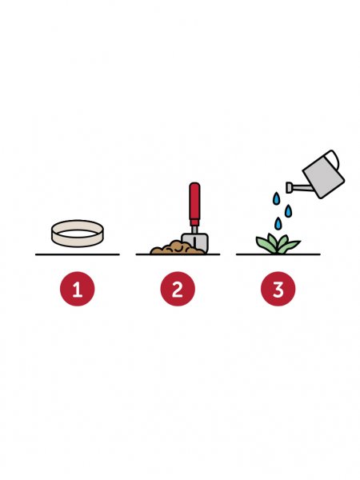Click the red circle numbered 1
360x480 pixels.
coord(78,289)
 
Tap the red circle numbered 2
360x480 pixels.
coord(178,289)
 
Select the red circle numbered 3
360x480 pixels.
coord(278,289)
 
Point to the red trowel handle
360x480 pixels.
coord(194,203)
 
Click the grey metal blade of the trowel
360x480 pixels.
coord(195,242)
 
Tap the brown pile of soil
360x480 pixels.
coord(176,247)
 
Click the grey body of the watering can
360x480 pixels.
coord(323,176)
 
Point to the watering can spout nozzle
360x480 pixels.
coord(289,187)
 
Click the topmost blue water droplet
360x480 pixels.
coord(277,198)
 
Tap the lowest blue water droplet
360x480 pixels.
coord(278,223)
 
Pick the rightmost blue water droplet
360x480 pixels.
coord(288,211)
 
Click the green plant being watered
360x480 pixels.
coord(278,244)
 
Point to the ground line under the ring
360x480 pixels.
coord(78,254)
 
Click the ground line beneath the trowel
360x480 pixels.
coord(178,254)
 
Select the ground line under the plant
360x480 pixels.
coord(278,254)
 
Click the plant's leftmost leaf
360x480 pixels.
coord(264,244)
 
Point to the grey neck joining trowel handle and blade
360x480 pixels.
coord(194,230)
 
